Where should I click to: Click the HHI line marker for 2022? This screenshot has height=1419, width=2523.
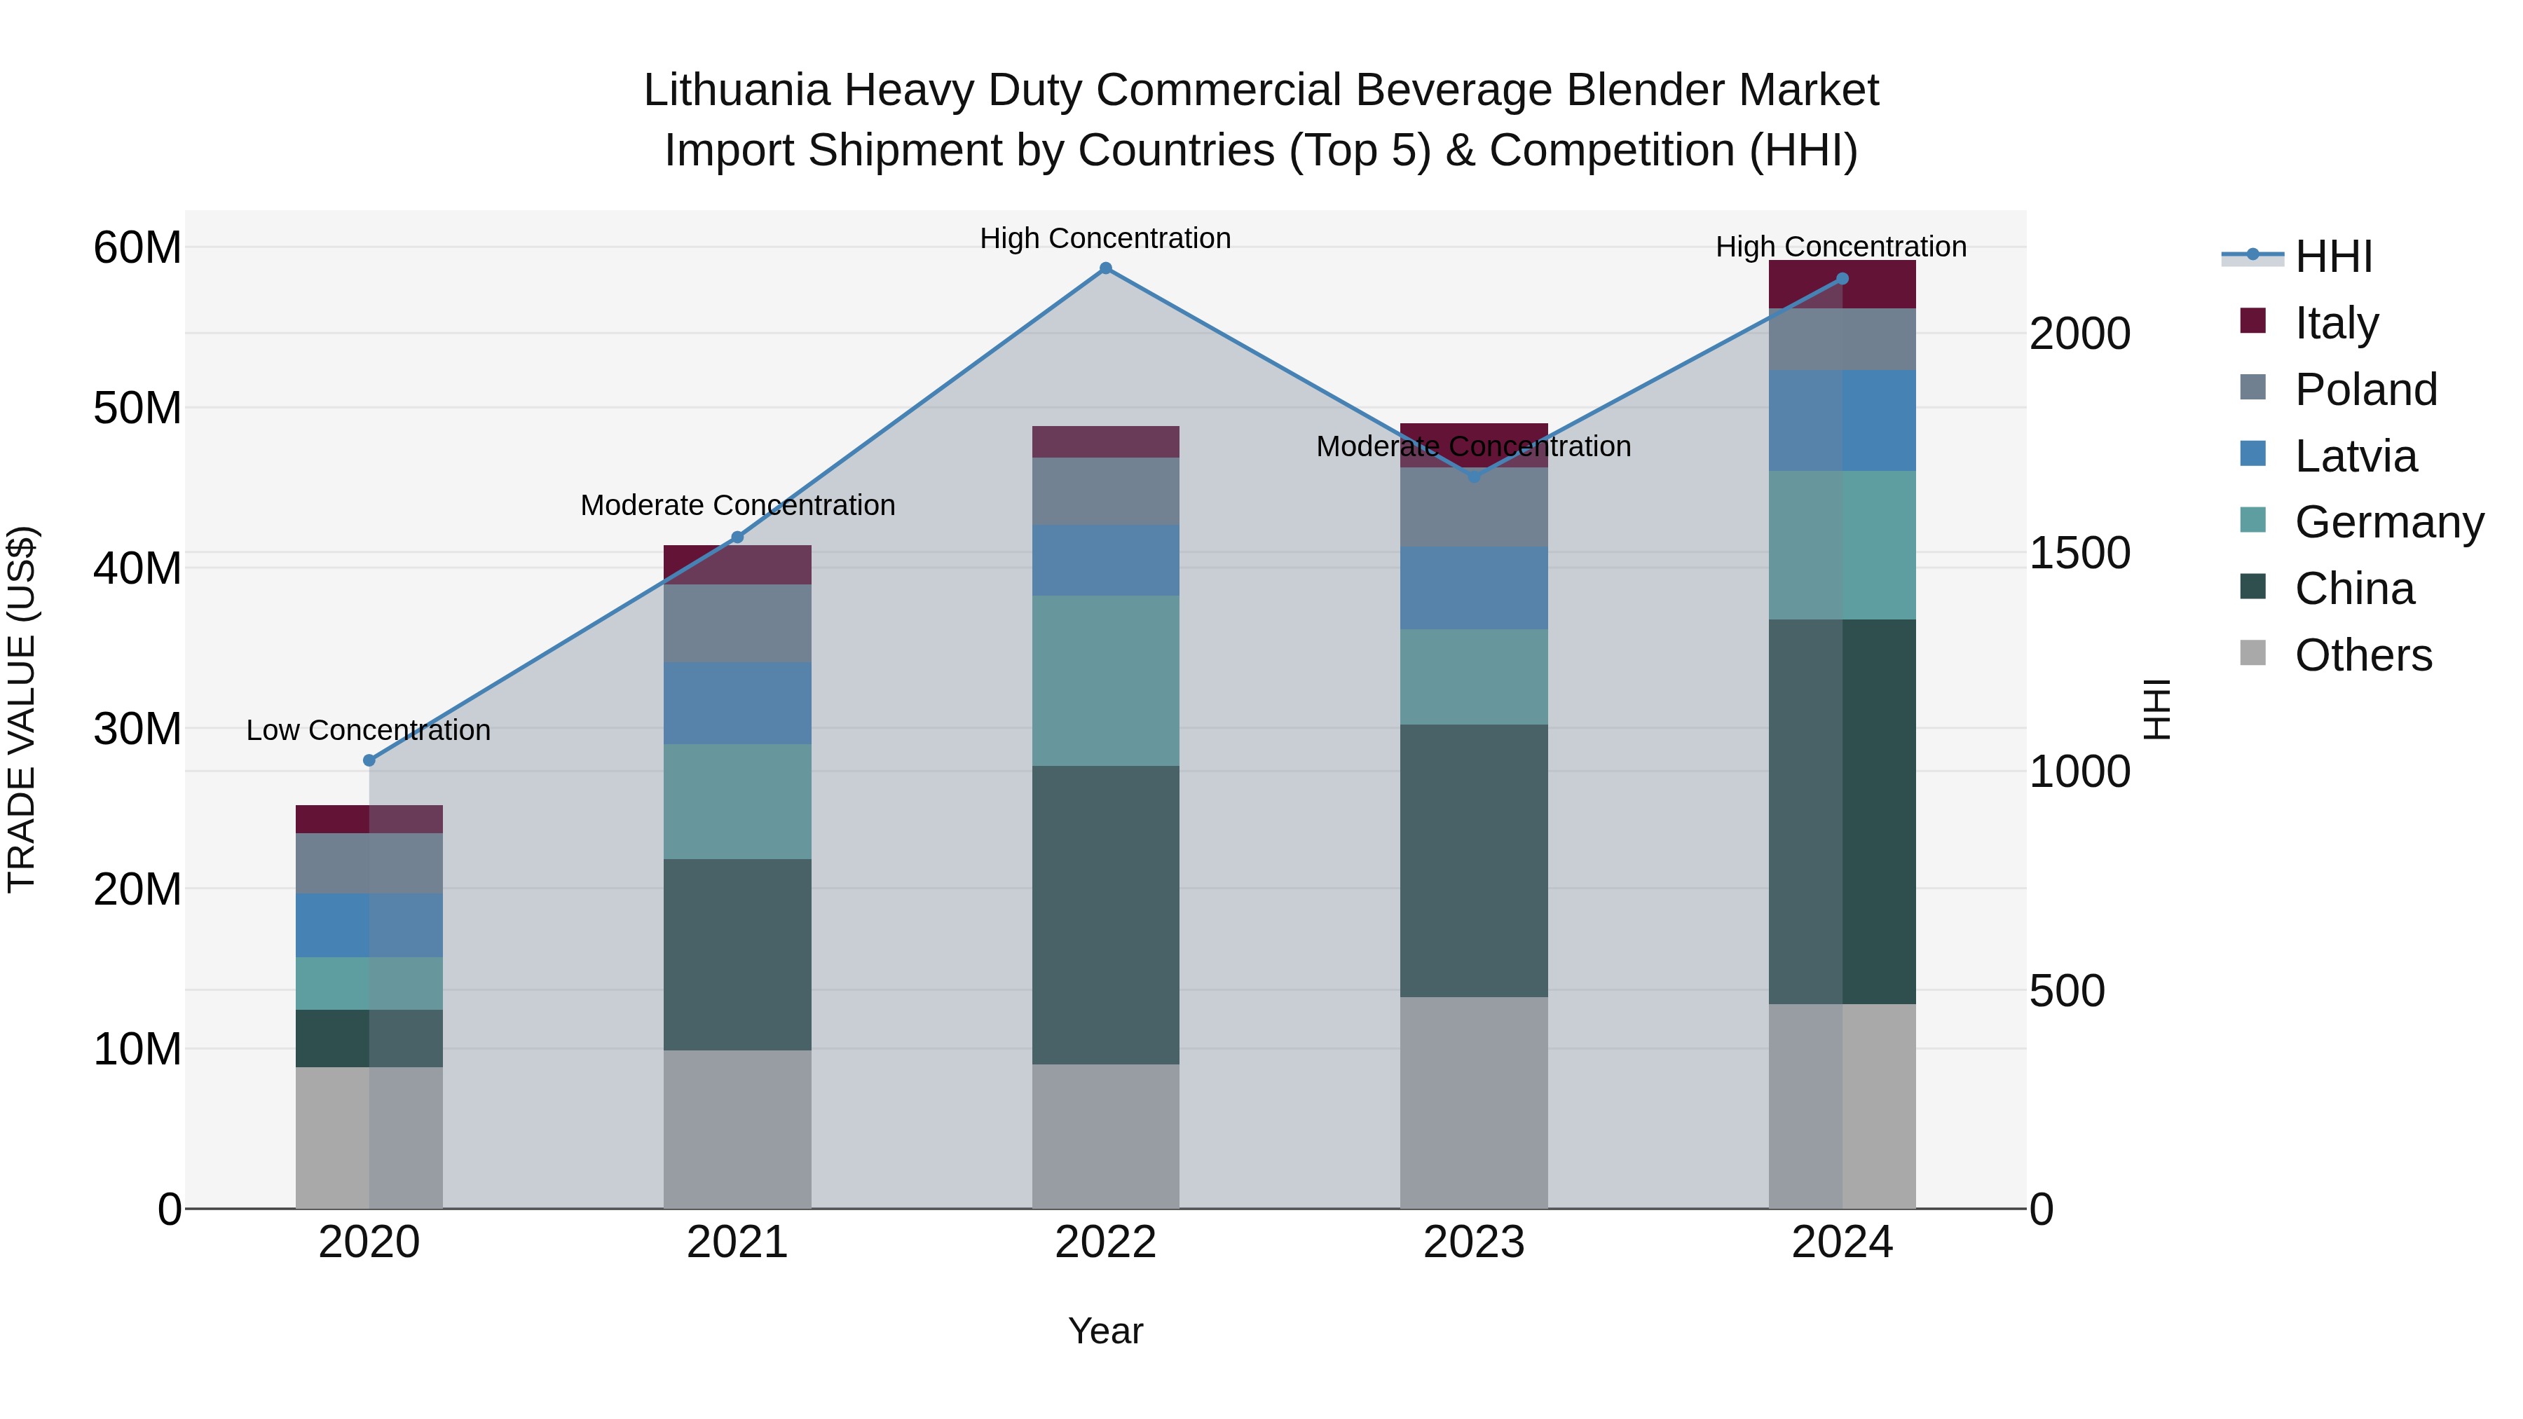pos(1106,268)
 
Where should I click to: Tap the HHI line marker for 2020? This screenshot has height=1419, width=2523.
pos(369,761)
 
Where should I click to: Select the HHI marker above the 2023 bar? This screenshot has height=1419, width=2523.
pos(1473,477)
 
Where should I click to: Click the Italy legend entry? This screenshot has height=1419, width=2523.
pos(2336,322)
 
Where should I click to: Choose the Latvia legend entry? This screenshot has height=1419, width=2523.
pos(2356,455)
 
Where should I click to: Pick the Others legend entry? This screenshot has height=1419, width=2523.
pos(2363,654)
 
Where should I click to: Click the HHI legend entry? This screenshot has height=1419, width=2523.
pos(2333,256)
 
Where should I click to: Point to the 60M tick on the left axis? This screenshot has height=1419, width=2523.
pos(137,248)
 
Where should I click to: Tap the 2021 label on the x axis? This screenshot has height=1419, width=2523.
pos(737,1242)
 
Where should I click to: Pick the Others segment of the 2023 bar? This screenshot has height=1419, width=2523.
pos(1473,1103)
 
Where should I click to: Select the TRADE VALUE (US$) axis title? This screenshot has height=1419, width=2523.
pos(22,709)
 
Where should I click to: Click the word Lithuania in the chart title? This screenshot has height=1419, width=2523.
pos(737,90)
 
